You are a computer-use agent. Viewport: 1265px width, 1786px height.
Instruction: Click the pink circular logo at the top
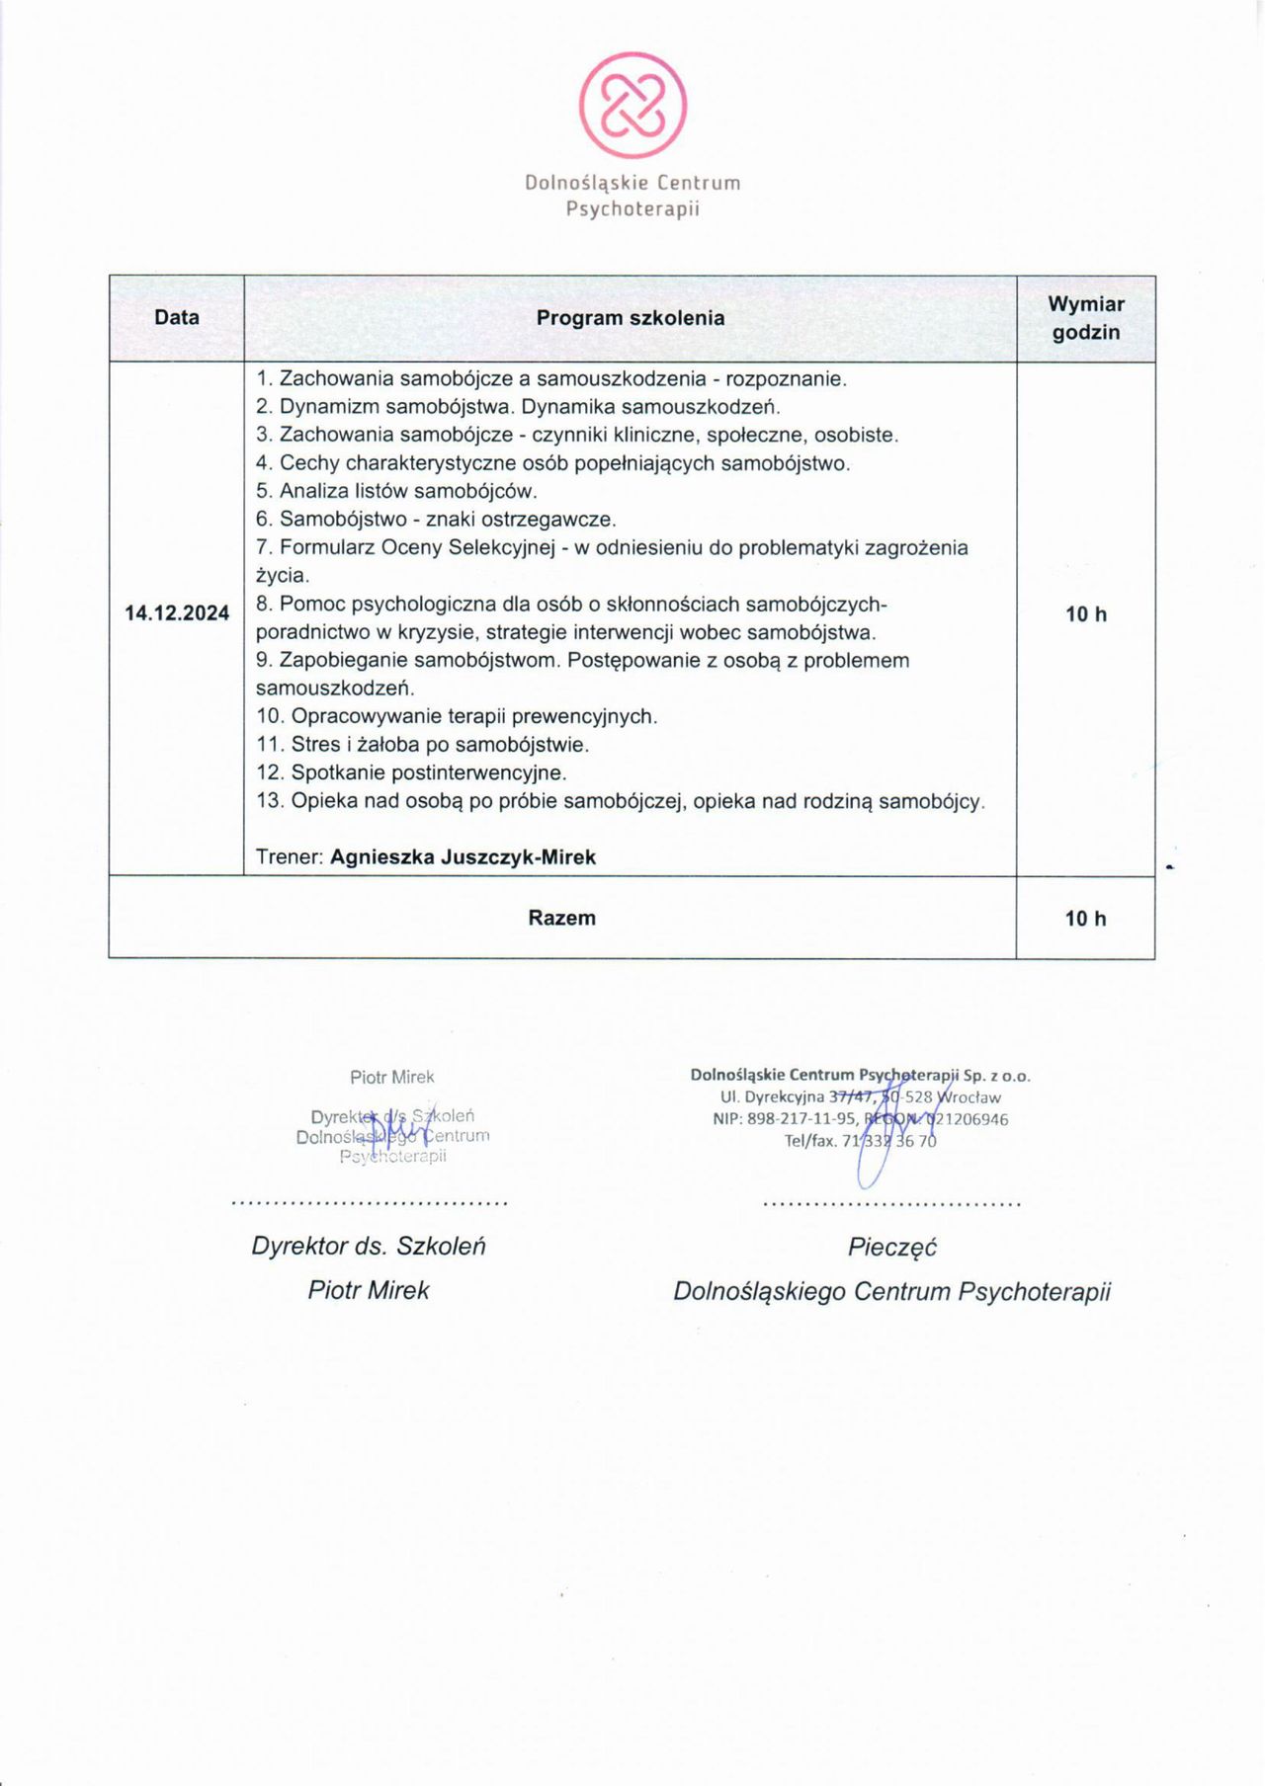(x=632, y=105)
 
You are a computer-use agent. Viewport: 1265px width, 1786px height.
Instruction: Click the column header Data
(x=177, y=317)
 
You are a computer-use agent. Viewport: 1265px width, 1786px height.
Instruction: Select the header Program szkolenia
(x=631, y=318)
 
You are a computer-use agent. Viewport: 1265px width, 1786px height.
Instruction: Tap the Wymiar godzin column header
(x=1085, y=318)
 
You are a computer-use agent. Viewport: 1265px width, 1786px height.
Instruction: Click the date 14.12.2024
(x=177, y=612)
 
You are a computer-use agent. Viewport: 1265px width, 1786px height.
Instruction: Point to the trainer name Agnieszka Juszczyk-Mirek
(x=463, y=857)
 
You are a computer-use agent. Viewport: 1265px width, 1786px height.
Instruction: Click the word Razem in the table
(x=561, y=918)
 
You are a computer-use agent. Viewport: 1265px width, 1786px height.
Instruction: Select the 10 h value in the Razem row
(x=1085, y=919)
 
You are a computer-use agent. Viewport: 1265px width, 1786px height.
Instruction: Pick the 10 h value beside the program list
(x=1085, y=614)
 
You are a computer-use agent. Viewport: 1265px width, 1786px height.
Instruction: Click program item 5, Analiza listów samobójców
(x=395, y=491)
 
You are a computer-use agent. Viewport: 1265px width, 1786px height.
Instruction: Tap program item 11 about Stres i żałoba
(x=422, y=745)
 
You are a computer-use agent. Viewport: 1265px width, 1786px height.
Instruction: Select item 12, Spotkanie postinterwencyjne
(x=411, y=772)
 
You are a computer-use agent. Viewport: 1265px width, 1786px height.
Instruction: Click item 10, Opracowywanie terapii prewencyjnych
(x=457, y=716)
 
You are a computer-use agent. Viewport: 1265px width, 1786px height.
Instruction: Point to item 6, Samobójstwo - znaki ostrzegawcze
(x=436, y=519)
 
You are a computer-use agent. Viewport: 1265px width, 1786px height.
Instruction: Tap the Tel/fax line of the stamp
(x=860, y=1141)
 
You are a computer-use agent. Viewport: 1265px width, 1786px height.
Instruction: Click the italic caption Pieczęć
(x=891, y=1247)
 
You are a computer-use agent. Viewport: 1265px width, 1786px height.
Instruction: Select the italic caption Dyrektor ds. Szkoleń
(x=369, y=1246)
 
